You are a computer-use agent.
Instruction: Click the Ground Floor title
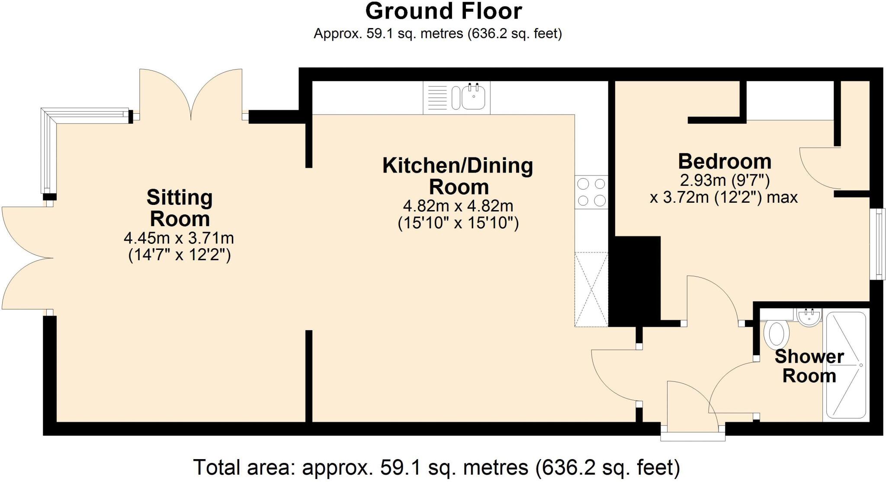pyautogui.click(x=443, y=12)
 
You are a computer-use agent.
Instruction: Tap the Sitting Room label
pyautogui.click(x=180, y=208)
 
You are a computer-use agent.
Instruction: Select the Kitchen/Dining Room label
pyautogui.click(x=458, y=176)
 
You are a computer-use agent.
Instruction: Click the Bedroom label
pyautogui.click(x=725, y=162)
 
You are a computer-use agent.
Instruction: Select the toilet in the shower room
pyautogui.click(x=777, y=334)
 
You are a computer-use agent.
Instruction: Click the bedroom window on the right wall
pyautogui.click(x=878, y=244)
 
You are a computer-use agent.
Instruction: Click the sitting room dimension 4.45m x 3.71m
pyautogui.click(x=179, y=238)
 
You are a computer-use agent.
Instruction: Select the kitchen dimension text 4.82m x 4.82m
pyautogui.click(x=458, y=205)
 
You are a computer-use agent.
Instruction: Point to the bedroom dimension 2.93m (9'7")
pyautogui.click(x=725, y=179)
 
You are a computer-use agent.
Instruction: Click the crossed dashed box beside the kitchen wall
pyautogui.click(x=591, y=289)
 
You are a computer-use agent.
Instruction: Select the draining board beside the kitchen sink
pyautogui.click(x=437, y=98)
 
